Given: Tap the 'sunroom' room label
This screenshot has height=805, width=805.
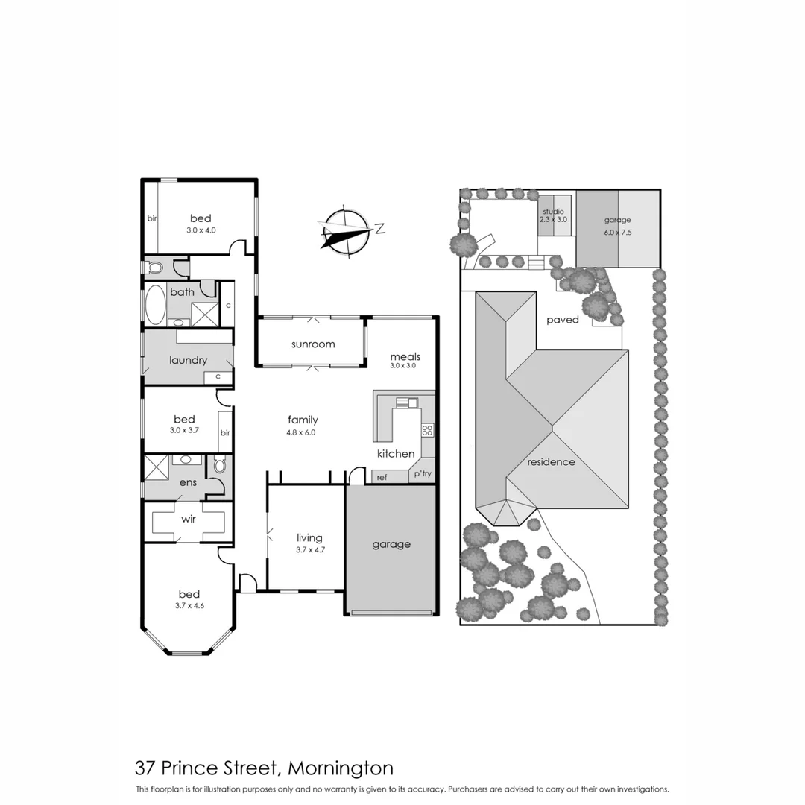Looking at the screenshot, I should click(312, 344).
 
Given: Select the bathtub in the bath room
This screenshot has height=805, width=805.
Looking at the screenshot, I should click(155, 305).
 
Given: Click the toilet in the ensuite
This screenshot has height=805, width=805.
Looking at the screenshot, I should click(219, 465).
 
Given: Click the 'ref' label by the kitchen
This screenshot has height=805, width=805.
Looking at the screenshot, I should click(382, 477).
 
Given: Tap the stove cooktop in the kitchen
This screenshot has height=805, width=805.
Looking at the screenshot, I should click(428, 430).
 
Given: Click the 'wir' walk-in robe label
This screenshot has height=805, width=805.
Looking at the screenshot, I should click(189, 519).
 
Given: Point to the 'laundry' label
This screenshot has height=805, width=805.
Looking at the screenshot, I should click(188, 360).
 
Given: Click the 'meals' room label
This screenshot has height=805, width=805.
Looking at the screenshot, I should click(405, 356).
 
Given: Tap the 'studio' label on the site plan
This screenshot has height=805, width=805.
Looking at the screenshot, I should click(554, 212).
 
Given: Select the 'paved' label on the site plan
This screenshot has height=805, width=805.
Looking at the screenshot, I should click(562, 320).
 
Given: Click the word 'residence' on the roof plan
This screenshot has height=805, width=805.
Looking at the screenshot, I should click(551, 461).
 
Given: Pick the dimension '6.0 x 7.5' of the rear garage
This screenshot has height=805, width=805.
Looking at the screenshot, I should click(617, 232).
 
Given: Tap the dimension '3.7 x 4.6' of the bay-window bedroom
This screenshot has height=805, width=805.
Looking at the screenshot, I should click(189, 606).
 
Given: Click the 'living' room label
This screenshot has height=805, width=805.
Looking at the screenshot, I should click(309, 537).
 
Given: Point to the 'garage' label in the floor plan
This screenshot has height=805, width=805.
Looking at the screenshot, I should click(391, 544).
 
